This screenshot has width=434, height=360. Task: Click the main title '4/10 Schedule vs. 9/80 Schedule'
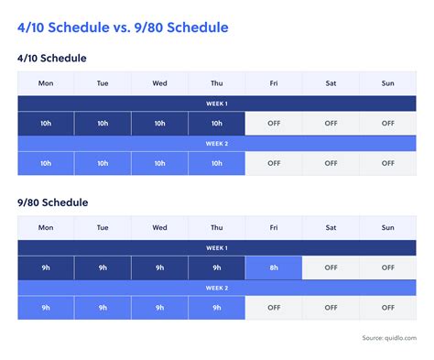[123, 27]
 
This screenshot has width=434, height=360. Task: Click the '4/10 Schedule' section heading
[52, 58]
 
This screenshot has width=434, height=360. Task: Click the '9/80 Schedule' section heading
[52, 202]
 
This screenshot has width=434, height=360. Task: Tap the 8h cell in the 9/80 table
[274, 267]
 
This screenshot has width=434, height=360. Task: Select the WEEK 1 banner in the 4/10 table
[216, 104]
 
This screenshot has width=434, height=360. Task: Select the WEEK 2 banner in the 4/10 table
[216, 144]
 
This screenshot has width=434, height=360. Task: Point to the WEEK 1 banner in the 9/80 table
[216, 247]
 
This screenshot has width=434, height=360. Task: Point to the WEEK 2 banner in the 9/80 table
[216, 288]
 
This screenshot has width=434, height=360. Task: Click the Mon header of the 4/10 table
[46, 83]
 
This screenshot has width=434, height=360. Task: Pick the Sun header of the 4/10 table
[387, 83]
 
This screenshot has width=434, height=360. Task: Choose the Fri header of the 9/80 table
[274, 227]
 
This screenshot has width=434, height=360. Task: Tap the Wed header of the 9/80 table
[159, 227]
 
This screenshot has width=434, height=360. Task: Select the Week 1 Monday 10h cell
[46, 124]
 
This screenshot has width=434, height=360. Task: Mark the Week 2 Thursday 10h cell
[217, 163]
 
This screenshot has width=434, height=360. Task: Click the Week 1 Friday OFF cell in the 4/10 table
[274, 124]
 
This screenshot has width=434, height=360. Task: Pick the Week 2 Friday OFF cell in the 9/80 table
[274, 308]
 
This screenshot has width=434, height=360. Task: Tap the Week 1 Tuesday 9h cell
[103, 267]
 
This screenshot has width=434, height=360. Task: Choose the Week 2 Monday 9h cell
[46, 308]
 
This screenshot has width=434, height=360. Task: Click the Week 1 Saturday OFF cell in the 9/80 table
[331, 267]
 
